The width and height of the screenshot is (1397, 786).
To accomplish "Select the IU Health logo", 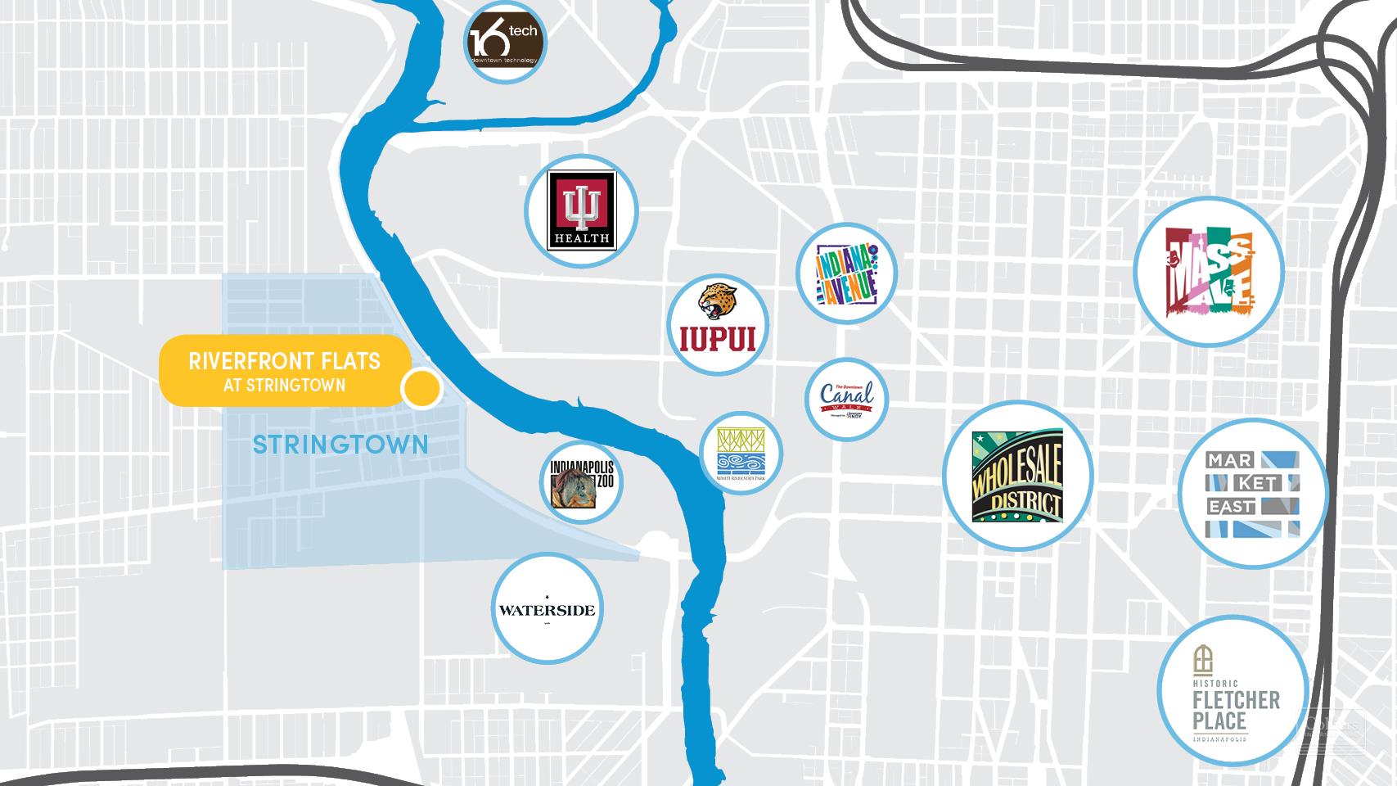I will click(x=582, y=210).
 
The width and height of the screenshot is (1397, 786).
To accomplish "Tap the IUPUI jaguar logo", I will click(x=718, y=323).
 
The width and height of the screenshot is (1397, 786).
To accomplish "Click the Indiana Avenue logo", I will click(x=847, y=273).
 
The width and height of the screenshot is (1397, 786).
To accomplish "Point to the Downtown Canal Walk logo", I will click(x=846, y=400).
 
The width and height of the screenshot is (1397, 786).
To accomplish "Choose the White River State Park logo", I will click(x=741, y=453).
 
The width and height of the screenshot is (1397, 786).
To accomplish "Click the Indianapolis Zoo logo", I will click(x=581, y=483).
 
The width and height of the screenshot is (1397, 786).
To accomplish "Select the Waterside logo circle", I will click(x=548, y=610).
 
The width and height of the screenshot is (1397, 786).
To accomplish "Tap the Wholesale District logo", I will click(x=1017, y=476).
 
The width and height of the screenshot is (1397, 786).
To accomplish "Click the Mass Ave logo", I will click(x=1208, y=271).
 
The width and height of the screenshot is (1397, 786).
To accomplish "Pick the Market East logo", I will click(x=1253, y=494).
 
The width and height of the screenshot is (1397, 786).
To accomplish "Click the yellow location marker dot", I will click(x=421, y=389).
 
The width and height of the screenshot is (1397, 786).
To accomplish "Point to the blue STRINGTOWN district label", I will click(x=340, y=445).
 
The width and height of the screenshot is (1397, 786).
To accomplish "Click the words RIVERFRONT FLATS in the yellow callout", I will click(x=284, y=361).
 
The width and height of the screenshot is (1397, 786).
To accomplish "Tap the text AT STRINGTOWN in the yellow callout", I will click(x=284, y=386).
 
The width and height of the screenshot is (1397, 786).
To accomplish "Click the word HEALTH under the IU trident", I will click(x=582, y=238).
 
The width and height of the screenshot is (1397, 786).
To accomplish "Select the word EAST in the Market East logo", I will click(x=1232, y=508).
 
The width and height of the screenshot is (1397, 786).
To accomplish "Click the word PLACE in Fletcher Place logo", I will click(x=1219, y=721).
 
